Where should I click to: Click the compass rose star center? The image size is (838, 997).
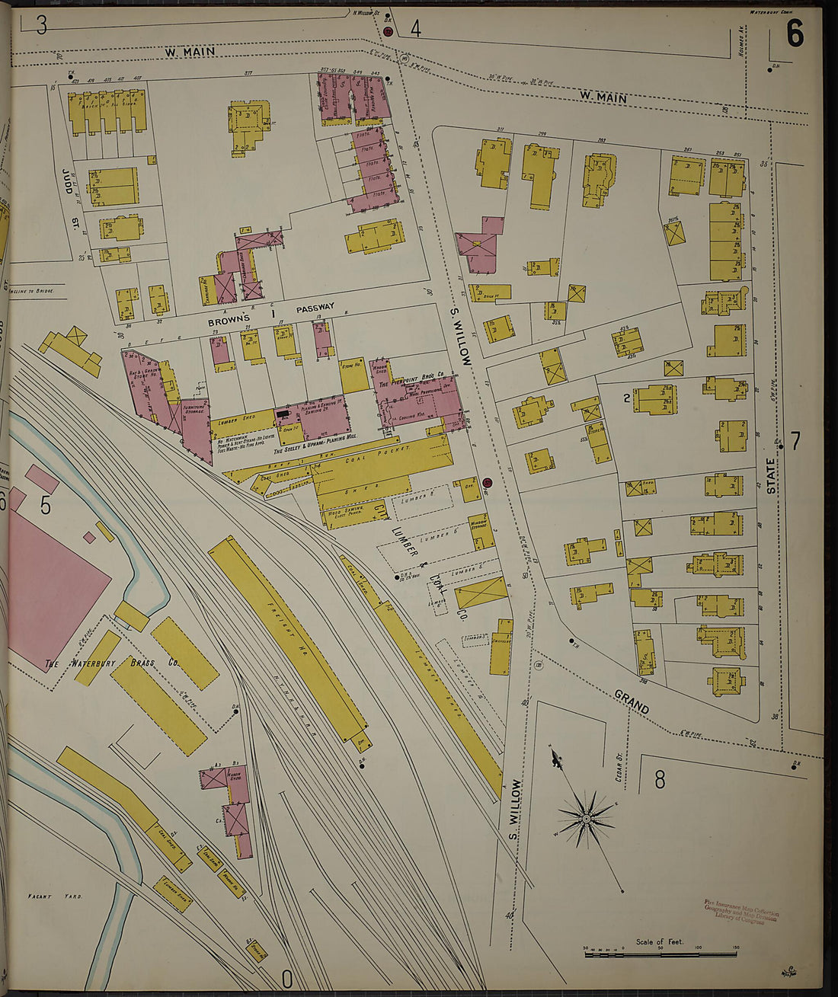[587, 819]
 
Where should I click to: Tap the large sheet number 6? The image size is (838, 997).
[795, 34]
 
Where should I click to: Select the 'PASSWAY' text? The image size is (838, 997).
[315, 308]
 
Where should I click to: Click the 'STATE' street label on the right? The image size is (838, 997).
[771, 476]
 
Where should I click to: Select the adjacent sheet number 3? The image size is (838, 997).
[41, 25]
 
